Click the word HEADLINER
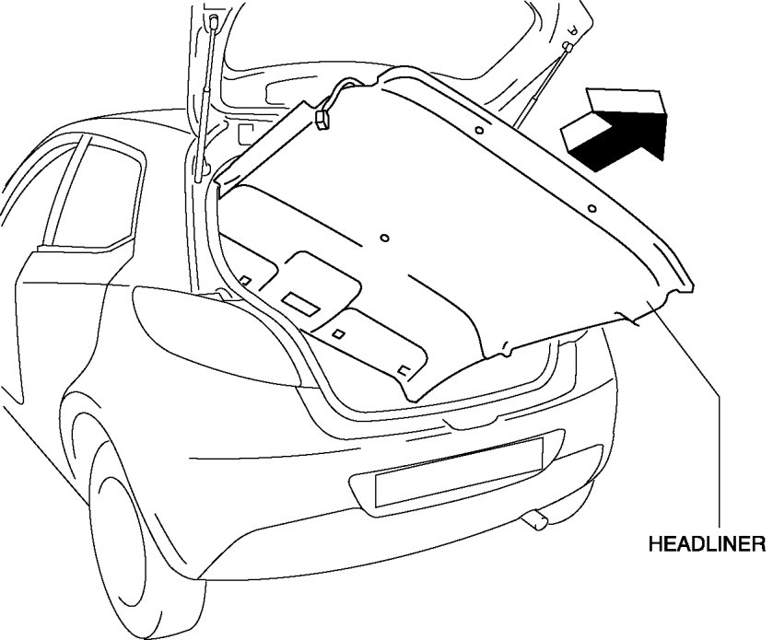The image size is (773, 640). click(x=707, y=543)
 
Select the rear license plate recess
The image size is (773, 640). click(x=458, y=472)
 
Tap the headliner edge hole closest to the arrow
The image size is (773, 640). click(x=591, y=210)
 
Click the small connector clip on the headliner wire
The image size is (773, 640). click(x=325, y=119)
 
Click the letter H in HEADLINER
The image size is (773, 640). click(x=655, y=543)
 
